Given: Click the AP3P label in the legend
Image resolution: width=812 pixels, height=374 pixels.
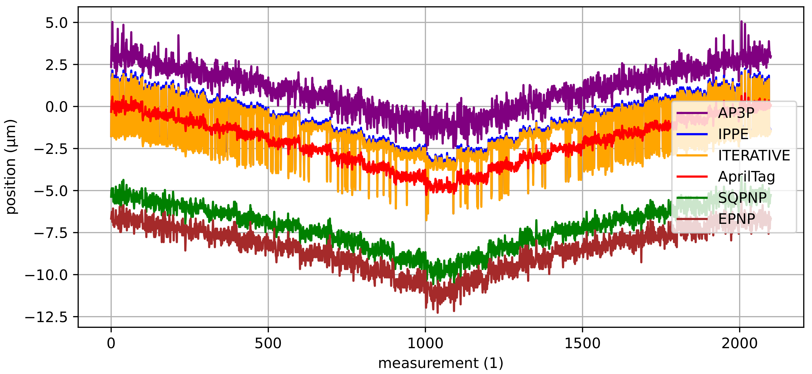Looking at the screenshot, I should pyautogui.click(x=736, y=113).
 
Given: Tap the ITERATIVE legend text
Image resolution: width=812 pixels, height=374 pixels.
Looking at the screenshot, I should pyautogui.click(x=754, y=155).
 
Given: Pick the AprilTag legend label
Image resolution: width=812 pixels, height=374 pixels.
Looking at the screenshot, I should pyautogui.click(x=746, y=176).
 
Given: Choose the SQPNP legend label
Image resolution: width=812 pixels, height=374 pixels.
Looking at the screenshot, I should pyautogui.click(x=742, y=198).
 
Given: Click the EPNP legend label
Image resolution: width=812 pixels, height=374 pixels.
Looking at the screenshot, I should pyautogui.click(x=736, y=219).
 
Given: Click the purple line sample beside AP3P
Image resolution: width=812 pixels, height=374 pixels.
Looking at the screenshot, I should pyautogui.click(x=692, y=113).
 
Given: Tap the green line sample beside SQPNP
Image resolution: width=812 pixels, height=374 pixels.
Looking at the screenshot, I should pyautogui.click(x=692, y=198).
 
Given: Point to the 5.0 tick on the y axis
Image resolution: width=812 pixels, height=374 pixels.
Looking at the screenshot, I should pyautogui.click(x=56, y=23).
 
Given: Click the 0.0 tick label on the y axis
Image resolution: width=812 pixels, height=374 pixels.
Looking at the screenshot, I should pyautogui.click(x=56, y=107).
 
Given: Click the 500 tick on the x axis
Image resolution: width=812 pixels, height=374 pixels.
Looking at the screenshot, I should pyautogui.click(x=268, y=343).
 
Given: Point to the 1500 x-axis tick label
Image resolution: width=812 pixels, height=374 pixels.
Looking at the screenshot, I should pyautogui.click(x=582, y=343).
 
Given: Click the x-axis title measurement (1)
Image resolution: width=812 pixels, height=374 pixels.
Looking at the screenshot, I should pyautogui.click(x=440, y=363).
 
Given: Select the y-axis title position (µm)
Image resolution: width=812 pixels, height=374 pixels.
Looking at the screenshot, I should pyautogui.click(x=11, y=167).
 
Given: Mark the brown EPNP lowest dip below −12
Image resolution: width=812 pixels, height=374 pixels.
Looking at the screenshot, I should pyautogui.click(x=438, y=312).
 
